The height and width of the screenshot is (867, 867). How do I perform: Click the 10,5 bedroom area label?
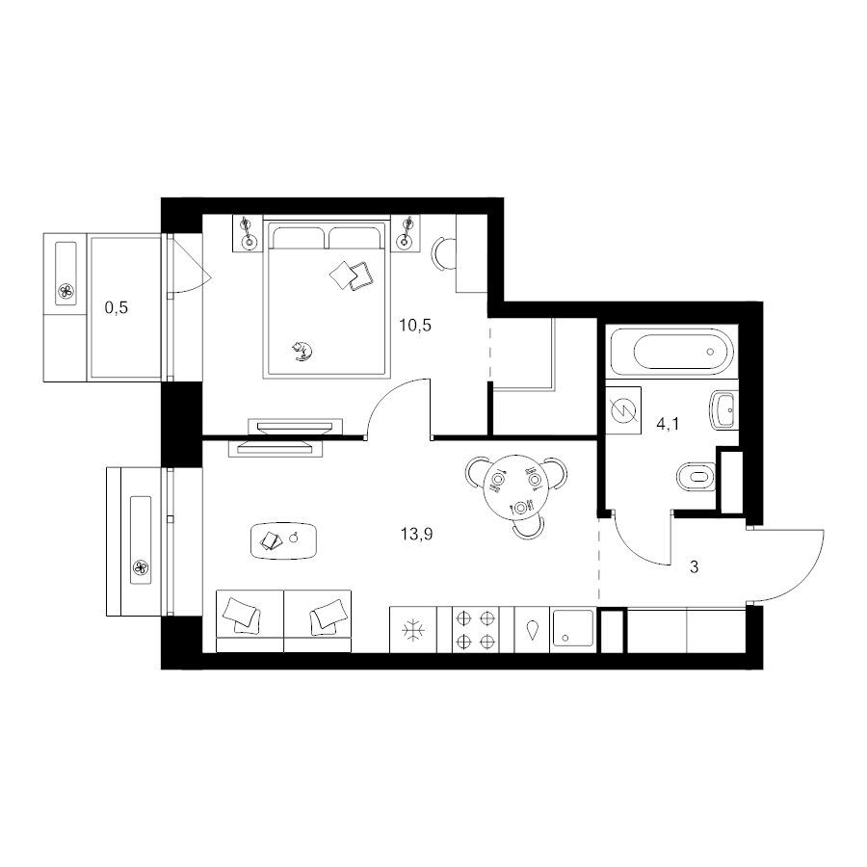[x=415, y=326]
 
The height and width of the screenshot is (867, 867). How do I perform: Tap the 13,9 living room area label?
[x=416, y=534]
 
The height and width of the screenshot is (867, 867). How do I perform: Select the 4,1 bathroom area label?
[x=668, y=425]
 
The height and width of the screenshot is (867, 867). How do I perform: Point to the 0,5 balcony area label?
[x=117, y=307]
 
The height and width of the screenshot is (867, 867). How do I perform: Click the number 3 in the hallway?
[x=694, y=566]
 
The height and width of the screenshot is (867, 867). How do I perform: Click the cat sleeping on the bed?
[x=302, y=351]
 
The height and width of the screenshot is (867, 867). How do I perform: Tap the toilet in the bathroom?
[x=696, y=476]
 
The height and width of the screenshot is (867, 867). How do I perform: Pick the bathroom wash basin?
[x=723, y=410]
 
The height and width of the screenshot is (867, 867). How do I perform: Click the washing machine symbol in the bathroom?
[x=623, y=409]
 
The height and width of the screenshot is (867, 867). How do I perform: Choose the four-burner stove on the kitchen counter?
[x=476, y=630]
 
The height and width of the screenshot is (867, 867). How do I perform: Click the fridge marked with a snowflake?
[x=413, y=630]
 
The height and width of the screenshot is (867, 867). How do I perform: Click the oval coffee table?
[x=284, y=540]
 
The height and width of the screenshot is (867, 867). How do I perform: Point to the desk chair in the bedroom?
[x=442, y=253]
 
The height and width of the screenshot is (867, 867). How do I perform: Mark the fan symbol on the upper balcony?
[x=66, y=291]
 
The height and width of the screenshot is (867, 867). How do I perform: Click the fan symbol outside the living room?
[x=140, y=567]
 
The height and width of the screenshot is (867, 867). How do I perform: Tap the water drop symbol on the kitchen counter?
[x=532, y=630]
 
